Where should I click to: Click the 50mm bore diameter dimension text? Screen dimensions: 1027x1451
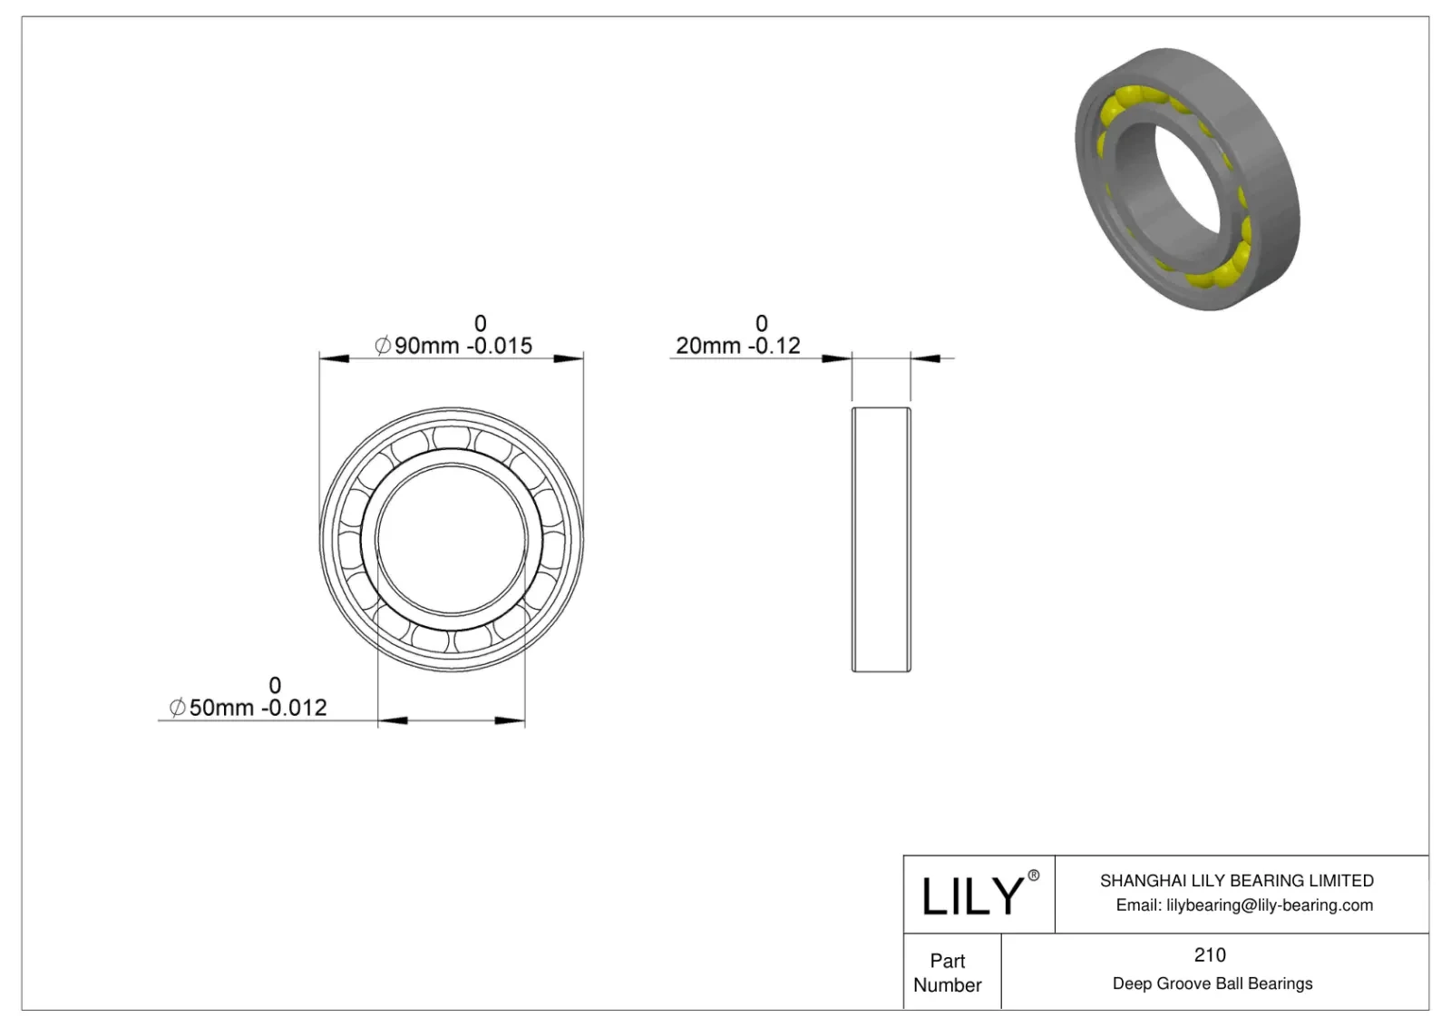pyautogui.click(x=221, y=708)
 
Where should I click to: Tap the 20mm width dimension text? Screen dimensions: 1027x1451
pyautogui.click(x=708, y=346)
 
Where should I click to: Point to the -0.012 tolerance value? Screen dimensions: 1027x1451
pyautogui.click(x=295, y=708)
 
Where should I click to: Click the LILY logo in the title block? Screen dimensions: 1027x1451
pyautogui.click(x=971, y=896)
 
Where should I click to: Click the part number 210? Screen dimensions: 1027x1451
pyautogui.click(x=1210, y=954)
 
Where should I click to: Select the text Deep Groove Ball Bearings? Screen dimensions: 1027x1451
pyautogui.click(x=1212, y=983)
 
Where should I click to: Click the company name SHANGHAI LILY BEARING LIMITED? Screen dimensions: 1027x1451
pyautogui.click(x=1236, y=880)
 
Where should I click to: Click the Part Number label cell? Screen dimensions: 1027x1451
pyautogui.click(x=948, y=973)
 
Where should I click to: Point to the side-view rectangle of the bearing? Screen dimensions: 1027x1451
pyautogui.click(x=881, y=540)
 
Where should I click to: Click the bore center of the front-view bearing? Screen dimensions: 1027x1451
pyautogui.click(x=452, y=540)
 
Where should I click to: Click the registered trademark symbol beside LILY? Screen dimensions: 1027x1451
pyautogui.click(x=1033, y=875)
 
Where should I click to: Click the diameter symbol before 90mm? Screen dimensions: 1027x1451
pyautogui.click(x=383, y=346)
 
